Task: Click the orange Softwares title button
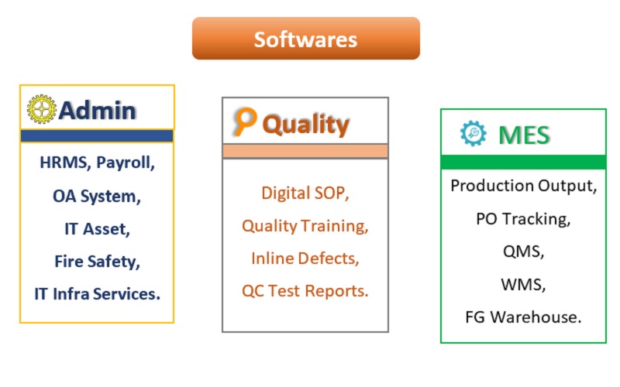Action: coord(305,38)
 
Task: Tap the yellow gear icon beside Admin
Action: coord(42,109)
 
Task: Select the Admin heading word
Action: coord(98,110)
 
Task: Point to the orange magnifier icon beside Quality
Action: coord(245,121)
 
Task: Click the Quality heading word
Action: coord(305,125)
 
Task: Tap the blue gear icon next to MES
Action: coord(474,133)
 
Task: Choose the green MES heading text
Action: coord(525,135)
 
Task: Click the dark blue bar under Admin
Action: coord(97,136)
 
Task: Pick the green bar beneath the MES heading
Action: coord(524,162)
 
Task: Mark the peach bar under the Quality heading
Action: coord(305,151)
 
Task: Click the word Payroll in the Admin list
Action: coord(126,163)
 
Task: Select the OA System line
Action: coord(97,197)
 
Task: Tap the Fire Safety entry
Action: coord(98,262)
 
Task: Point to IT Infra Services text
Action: coord(98,294)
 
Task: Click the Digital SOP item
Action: coord(305,193)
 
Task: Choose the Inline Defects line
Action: coord(305,259)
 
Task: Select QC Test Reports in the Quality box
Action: coord(305,291)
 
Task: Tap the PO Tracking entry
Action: coord(524,219)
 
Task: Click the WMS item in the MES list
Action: coord(524,284)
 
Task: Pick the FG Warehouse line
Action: coord(524,317)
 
